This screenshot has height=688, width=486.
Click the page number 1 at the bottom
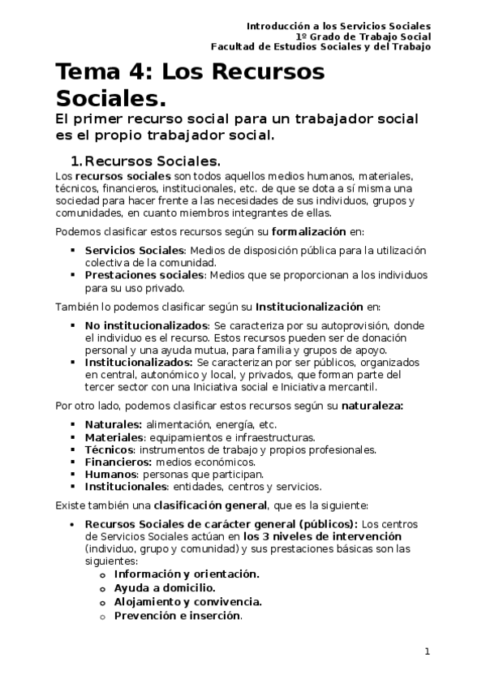point(428,652)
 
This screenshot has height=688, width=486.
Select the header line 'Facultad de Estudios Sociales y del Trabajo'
point(320,47)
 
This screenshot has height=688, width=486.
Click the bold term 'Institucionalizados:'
point(139,362)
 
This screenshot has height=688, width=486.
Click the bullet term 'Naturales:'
point(114,424)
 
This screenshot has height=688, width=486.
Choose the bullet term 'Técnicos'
point(109,449)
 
